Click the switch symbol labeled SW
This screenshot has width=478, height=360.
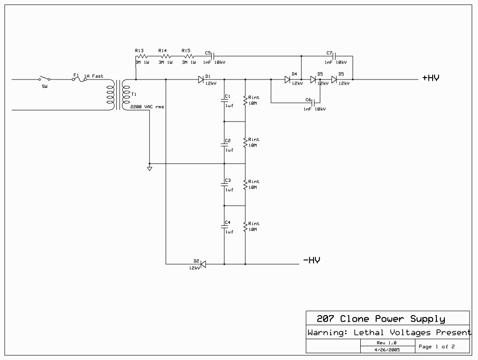pos(45,79)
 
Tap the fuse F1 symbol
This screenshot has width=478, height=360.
pos(79,79)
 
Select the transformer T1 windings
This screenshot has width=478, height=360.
pos(118,95)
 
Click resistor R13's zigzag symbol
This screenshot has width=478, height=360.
pos(141,56)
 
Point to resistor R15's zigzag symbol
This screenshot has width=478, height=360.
pos(188,56)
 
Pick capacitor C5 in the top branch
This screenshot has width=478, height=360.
pos(214,56)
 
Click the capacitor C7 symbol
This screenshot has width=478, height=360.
pos(335,56)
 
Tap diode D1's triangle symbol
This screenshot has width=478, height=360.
pos(201,79)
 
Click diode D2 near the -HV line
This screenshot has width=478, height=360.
pos(203,264)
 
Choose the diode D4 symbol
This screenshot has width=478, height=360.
pos(287,79)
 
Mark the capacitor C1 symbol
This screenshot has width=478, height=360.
pos(224,100)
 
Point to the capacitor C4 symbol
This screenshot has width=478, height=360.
pos(224,226)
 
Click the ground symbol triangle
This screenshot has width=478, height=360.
pos(150,169)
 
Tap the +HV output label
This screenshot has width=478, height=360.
pos(430,78)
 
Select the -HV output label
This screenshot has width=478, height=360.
pos(311,260)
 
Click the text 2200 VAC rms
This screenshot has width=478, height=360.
pos(147,107)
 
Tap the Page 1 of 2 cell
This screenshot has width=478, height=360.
pos(436,346)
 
